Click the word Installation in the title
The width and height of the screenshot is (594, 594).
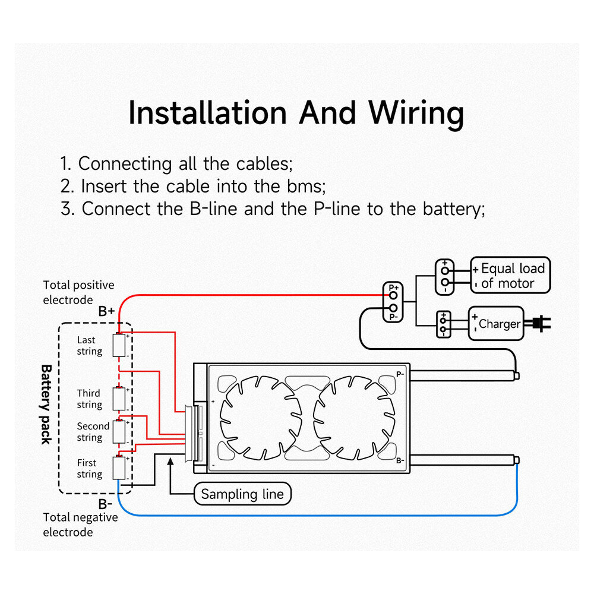(207, 113)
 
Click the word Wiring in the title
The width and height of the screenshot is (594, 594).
(416, 115)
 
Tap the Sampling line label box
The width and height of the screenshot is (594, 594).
(242, 494)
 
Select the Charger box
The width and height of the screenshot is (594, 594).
(496, 324)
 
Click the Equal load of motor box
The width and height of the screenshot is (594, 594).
(510, 276)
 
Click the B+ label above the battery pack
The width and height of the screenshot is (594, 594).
(106, 311)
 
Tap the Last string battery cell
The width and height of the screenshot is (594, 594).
(119, 345)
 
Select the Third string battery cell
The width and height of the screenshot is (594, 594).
(119, 399)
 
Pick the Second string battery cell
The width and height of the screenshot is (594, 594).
(119, 431)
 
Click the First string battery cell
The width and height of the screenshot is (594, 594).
(119, 468)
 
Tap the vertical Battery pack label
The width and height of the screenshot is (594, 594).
(46, 405)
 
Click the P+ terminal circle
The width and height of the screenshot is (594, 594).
(393, 295)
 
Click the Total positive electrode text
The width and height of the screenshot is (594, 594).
(78, 292)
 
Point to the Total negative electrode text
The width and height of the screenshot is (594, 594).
(80, 525)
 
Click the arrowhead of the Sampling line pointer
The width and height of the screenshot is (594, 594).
(170, 462)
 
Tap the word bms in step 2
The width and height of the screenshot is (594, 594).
(304, 187)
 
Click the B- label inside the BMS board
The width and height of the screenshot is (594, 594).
(400, 461)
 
